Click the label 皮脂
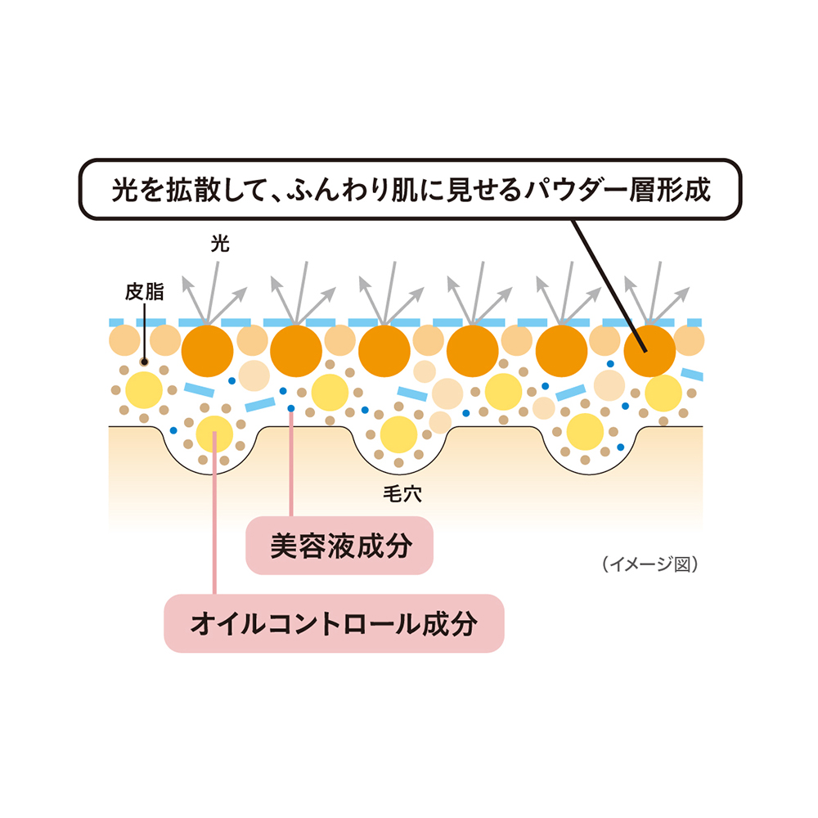145,292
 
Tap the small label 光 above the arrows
220,244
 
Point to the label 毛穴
402,493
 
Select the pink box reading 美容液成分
339,546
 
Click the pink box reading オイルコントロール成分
334,623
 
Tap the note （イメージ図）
650,564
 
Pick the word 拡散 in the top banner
194,189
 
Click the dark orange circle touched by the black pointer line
650,351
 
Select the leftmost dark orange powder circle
207,351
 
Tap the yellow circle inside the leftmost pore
214,434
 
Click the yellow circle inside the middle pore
399,434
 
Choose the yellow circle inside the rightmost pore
586,432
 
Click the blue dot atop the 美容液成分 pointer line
291,408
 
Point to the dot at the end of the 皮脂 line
145,362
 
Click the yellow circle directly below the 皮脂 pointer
144,390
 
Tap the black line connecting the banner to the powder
609,285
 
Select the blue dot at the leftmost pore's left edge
173,430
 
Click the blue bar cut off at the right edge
692,374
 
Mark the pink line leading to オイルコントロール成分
214,514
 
